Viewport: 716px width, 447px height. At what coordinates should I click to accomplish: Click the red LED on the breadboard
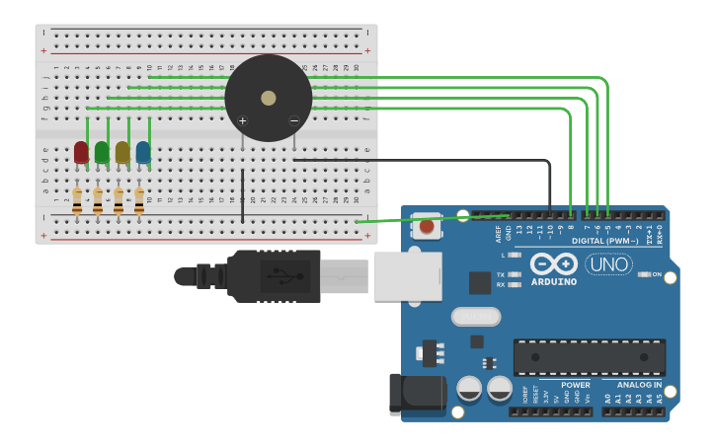tap(81, 152)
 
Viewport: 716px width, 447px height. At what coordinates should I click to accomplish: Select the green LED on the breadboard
tap(102, 152)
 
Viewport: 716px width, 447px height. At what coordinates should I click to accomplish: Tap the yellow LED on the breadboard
tap(122, 152)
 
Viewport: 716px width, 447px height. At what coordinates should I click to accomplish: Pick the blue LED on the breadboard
tap(143, 152)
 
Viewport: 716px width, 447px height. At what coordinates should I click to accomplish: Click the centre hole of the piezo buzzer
tap(269, 98)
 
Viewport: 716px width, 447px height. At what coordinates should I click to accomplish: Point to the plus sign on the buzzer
tap(243, 120)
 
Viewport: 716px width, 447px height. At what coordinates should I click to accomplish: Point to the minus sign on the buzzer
tap(293, 120)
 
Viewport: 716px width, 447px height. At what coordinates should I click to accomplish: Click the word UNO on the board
tap(608, 263)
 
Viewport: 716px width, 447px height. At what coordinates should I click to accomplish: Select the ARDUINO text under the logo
tap(553, 281)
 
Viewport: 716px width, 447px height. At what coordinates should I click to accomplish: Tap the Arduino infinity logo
tap(553, 263)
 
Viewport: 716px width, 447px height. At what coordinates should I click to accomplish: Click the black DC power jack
tap(415, 395)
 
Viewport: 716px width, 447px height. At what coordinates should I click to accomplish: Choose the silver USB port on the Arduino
tap(406, 275)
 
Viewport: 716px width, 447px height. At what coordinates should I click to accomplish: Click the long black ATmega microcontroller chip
tap(589, 357)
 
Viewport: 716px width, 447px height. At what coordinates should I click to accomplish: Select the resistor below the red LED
tap(77, 201)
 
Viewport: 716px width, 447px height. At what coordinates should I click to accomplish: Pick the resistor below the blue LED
tap(139, 201)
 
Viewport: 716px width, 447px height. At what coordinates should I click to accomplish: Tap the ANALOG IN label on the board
tap(639, 385)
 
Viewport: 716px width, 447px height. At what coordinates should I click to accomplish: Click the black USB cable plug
tap(272, 275)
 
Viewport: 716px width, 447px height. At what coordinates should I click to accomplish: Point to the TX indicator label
tap(501, 274)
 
